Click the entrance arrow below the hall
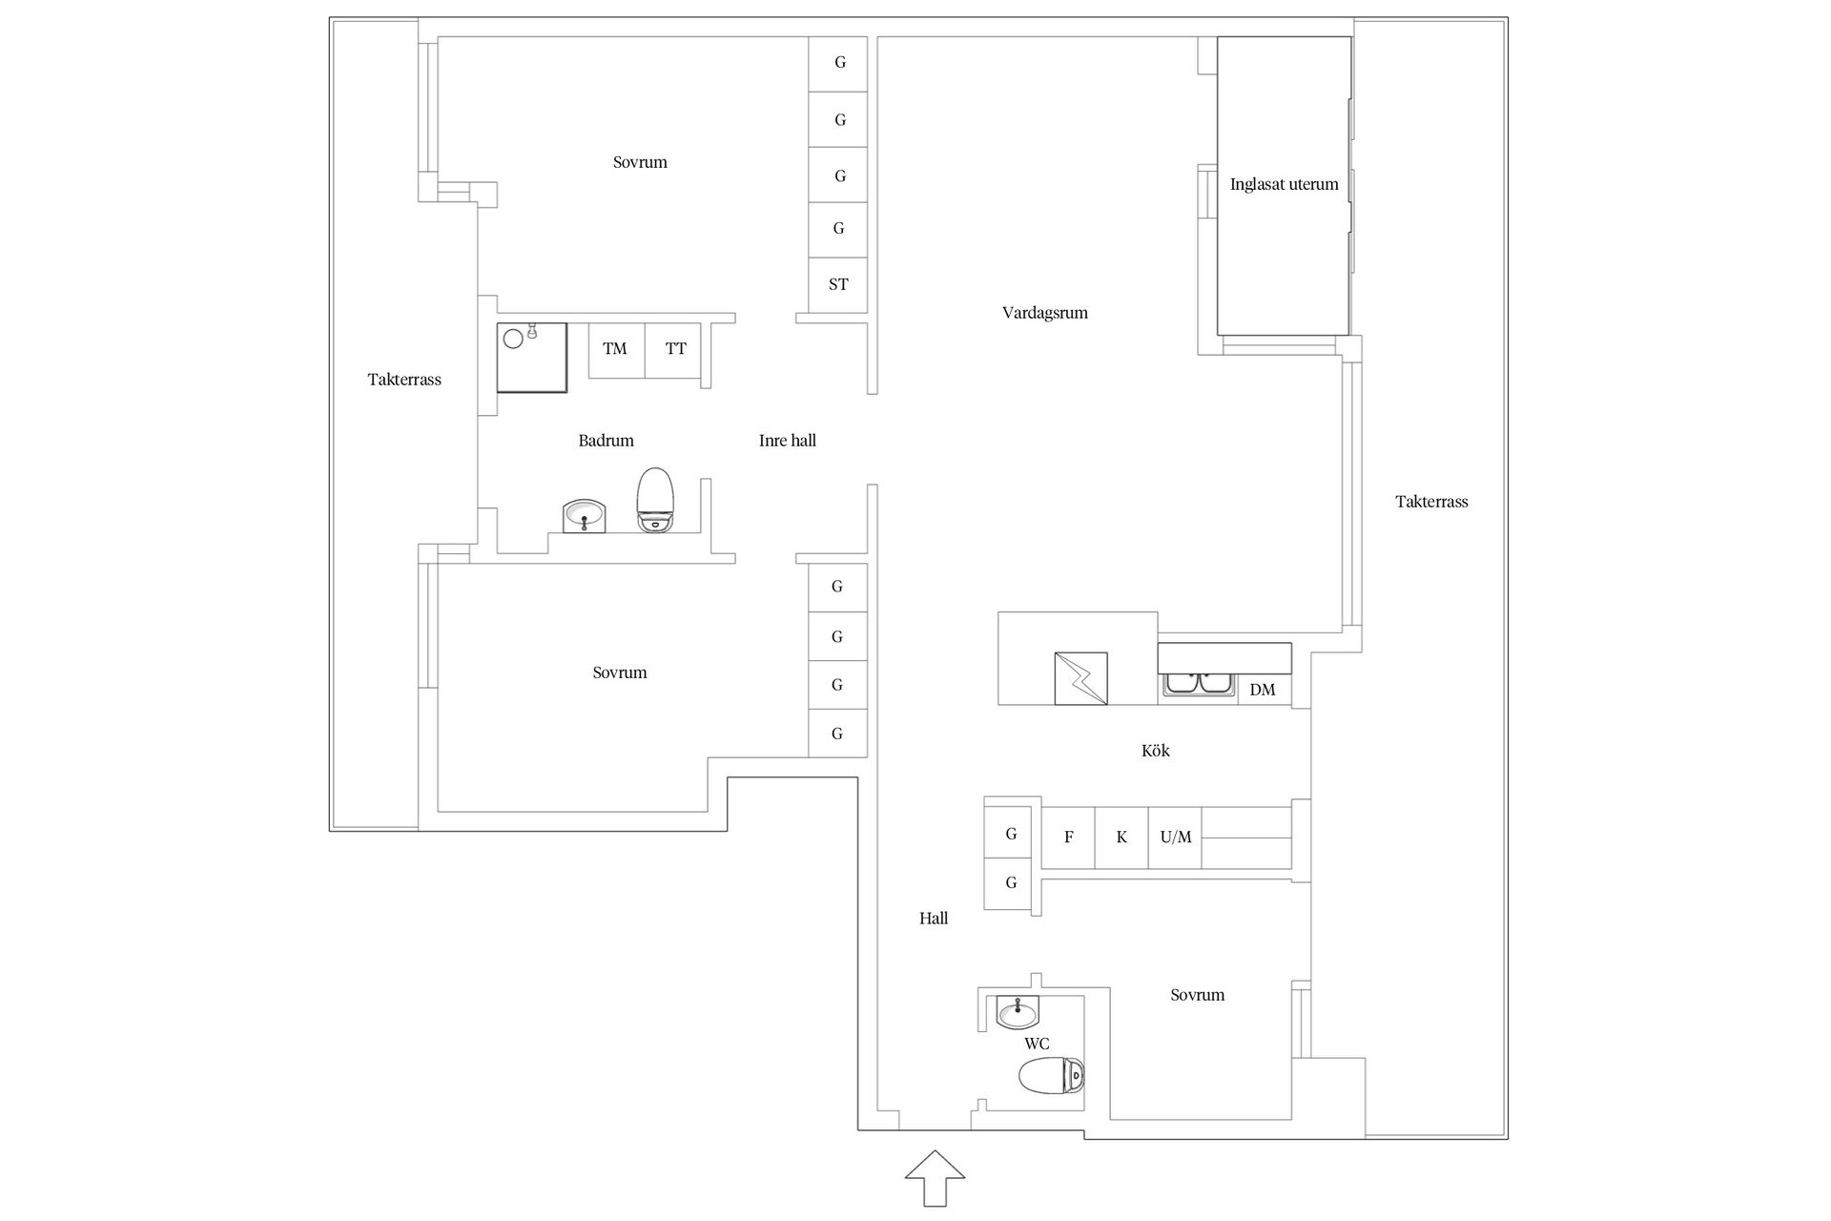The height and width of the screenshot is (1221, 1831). pos(935,1178)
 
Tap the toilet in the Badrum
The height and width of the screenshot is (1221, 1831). pos(655,500)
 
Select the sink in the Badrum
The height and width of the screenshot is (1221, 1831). pos(585,516)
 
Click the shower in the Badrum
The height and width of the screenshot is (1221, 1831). pos(531,358)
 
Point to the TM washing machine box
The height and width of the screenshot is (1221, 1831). pos(616,350)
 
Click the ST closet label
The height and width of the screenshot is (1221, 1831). pos(838,284)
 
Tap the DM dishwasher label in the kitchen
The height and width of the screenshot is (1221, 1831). pos(1263,690)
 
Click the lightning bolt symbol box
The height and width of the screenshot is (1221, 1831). pos(1081,678)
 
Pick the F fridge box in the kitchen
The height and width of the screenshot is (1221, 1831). pos(1068,838)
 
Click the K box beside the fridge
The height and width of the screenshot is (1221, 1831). pos(1121,838)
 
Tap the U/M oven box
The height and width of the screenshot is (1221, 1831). pos(1175,838)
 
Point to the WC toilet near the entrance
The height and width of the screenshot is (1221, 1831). pos(1052,1076)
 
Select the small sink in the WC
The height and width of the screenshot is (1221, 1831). pos(1018,1011)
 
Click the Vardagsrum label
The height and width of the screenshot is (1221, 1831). pos(1045,313)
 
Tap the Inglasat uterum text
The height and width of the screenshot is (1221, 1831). pos(1284,184)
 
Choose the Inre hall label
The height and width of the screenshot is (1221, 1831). pos(788,441)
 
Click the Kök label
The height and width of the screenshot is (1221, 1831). pos(1155,751)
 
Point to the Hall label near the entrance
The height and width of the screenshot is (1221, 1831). pos(934,919)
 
